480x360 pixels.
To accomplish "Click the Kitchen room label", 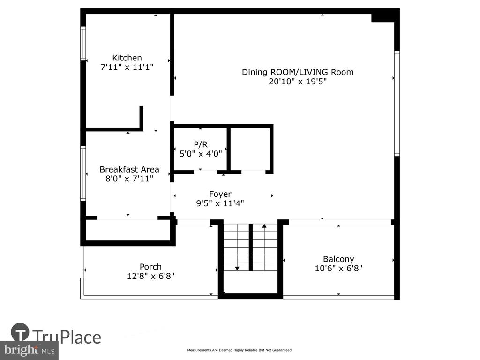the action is (x=127, y=58).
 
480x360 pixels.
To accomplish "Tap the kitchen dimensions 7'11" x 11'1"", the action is (x=127, y=67).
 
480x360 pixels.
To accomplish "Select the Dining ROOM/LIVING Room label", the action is (x=298, y=72).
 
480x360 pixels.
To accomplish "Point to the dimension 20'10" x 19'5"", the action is (x=298, y=82).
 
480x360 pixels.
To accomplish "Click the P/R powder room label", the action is (x=201, y=144).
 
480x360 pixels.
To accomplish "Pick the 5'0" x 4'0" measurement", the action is (x=201, y=154).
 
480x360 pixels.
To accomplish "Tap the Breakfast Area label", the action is (x=129, y=169).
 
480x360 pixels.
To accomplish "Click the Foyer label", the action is (x=220, y=194).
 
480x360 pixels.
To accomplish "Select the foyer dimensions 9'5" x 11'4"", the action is (x=220, y=203).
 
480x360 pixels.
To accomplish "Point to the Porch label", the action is (x=150, y=267).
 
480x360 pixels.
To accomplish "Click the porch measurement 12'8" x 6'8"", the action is (x=150, y=276).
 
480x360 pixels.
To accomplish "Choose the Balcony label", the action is (x=338, y=259).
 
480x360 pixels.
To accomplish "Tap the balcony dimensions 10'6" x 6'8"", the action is (x=338, y=269).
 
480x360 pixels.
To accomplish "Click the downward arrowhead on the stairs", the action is (x=237, y=269).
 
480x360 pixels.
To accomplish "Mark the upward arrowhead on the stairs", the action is (x=264, y=226).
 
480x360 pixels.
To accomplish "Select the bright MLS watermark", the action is (x=29, y=350).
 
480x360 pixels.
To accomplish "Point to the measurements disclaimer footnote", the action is (x=240, y=350).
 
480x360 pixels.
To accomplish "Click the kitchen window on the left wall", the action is (x=83, y=43).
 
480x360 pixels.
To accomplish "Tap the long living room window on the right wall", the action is (x=397, y=104).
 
